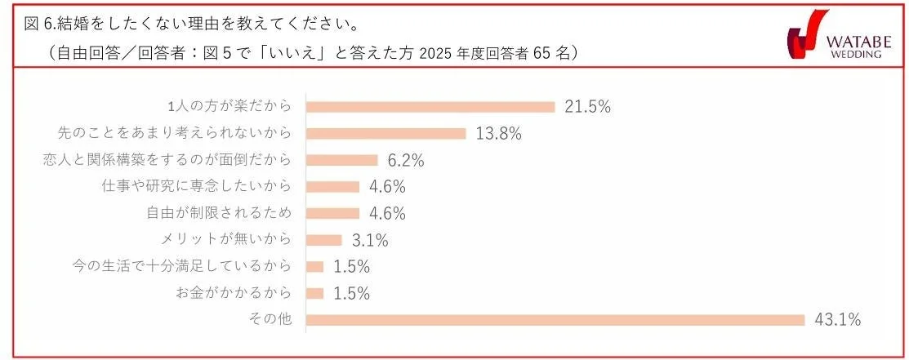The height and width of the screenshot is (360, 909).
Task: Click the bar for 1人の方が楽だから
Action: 430,107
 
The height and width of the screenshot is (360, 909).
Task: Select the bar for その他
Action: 555,319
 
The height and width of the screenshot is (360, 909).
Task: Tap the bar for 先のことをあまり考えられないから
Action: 385,133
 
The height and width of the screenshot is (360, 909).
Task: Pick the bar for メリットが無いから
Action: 323,240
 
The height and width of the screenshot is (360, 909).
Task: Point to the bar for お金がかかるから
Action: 314,293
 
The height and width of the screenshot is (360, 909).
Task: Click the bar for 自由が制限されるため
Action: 332,213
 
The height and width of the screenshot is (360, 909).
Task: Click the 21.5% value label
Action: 588,107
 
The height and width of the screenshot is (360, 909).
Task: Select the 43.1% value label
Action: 838,319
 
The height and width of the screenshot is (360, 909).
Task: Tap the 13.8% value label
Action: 498,133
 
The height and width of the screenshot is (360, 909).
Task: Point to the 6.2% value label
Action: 406,160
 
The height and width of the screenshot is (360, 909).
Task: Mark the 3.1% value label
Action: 369,240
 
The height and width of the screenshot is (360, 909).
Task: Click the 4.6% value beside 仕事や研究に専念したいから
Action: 387,186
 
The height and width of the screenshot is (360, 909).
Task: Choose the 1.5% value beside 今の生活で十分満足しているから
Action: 352,266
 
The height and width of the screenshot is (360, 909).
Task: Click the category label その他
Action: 274,319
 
